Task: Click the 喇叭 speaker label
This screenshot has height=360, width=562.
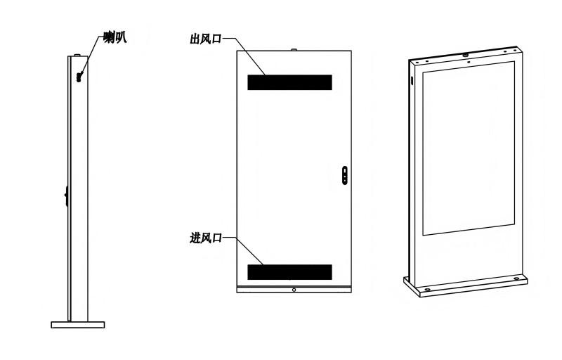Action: [x=115, y=37]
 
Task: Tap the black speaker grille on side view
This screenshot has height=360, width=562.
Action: [x=79, y=77]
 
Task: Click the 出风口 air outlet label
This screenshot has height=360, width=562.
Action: [x=205, y=39]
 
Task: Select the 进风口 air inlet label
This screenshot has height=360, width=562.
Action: [x=205, y=238]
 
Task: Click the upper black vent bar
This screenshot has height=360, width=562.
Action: [x=289, y=82]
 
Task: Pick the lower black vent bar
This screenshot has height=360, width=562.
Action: [x=289, y=272]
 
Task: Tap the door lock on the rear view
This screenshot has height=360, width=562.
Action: [x=345, y=175]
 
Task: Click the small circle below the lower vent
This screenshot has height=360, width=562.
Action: [x=294, y=290]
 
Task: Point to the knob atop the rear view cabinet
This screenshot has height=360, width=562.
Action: [x=294, y=50]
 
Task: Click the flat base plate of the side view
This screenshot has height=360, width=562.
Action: [x=78, y=325]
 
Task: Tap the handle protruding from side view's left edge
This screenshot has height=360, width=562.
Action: [x=67, y=195]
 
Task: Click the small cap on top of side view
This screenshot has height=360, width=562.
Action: [x=78, y=56]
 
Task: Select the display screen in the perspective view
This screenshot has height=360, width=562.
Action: [x=469, y=148]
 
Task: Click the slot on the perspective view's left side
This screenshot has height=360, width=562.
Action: [x=412, y=81]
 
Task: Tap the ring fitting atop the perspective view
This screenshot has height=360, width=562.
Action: [x=466, y=55]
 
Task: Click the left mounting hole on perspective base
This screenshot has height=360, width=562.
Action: [x=428, y=289]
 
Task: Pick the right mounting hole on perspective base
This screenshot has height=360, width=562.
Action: [x=516, y=278]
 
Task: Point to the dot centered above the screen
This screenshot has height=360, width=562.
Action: [x=469, y=61]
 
